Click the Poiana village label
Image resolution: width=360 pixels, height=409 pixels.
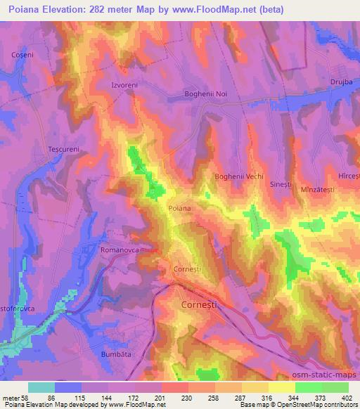click(x=179, y=208)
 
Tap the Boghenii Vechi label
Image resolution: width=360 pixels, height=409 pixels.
click(x=239, y=176)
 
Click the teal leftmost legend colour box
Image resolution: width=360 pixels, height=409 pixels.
click(x=41, y=387)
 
